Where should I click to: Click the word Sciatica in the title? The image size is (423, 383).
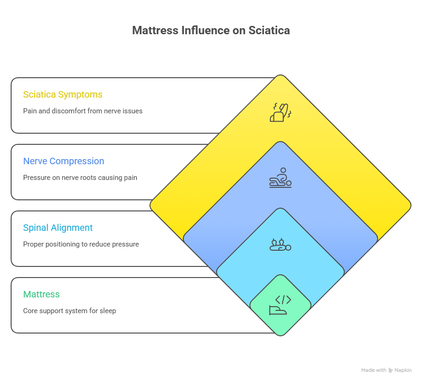click(269, 31)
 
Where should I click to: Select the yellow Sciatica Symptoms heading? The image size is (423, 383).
click(62, 94)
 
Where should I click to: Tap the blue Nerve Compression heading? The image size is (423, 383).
click(63, 161)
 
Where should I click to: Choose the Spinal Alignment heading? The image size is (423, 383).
click(58, 228)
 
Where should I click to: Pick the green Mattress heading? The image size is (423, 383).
click(41, 294)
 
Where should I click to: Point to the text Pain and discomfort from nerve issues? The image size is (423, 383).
click(82, 111)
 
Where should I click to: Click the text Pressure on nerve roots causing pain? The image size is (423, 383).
click(80, 178)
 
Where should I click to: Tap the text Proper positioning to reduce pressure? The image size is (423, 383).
click(81, 244)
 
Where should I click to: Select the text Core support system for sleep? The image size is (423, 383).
click(69, 311)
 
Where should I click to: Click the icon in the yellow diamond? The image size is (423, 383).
click(280, 112)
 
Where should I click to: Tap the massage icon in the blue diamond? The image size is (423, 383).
click(280, 178)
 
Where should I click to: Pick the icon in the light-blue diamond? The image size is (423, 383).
click(280, 245)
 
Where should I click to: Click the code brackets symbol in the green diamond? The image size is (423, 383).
click(283, 299)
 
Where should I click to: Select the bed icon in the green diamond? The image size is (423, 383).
click(278, 310)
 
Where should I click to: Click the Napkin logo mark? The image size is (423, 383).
click(391, 370)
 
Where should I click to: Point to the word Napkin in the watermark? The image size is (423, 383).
click(403, 370)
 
